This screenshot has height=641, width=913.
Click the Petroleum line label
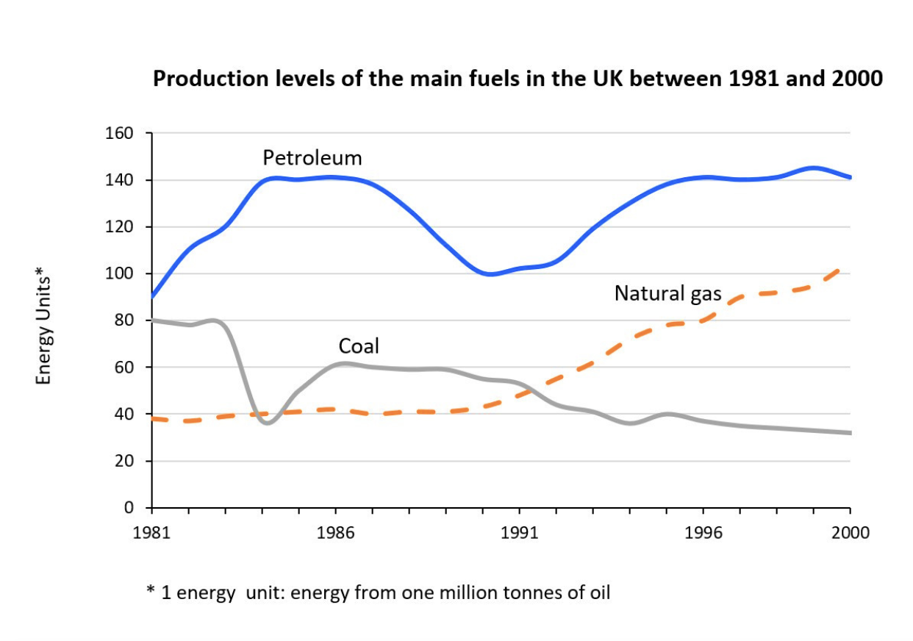(x=312, y=158)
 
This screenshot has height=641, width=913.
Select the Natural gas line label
(x=667, y=294)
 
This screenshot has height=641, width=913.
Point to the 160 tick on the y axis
(x=122, y=134)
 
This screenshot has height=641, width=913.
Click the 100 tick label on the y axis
(x=122, y=274)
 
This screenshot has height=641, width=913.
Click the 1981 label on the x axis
(x=151, y=532)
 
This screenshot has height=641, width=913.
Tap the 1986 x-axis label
(x=335, y=532)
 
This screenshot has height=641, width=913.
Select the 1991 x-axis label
(x=519, y=532)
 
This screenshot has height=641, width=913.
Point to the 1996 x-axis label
(x=703, y=532)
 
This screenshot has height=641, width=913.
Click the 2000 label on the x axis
(x=850, y=532)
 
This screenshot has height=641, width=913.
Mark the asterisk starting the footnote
(x=150, y=592)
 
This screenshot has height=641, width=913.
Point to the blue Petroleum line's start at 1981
(x=152, y=296)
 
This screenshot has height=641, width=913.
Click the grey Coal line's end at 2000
(x=850, y=433)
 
